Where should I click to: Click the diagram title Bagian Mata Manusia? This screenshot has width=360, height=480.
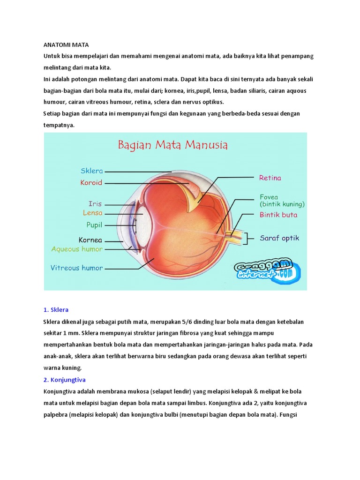pos(172,145)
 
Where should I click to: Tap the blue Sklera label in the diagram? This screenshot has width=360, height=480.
pos(92,171)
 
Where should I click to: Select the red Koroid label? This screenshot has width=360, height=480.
pos(91,183)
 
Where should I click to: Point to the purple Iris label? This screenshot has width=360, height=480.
pos(95,204)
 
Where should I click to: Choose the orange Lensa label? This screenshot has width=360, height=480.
pos(93,213)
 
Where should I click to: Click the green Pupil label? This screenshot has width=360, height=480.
pos(94,225)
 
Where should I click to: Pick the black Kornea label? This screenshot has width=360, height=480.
pos(90,240)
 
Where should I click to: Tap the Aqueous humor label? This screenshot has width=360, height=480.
pos(77,249)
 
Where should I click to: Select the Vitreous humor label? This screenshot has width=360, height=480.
pos(77,268)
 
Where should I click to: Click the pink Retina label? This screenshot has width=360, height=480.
pos(270,178)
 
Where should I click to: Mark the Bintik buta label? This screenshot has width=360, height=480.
pos(278,215)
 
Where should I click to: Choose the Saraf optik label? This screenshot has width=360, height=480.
pos(279,238)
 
